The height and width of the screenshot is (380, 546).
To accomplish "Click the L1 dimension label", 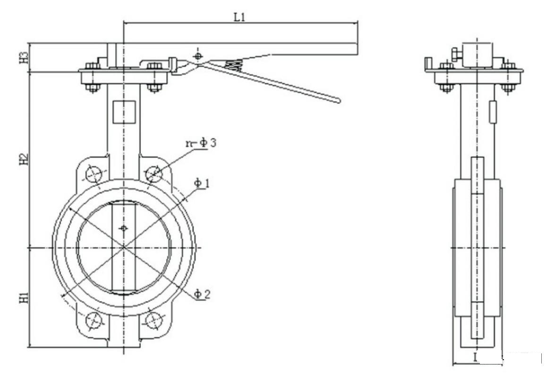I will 239,17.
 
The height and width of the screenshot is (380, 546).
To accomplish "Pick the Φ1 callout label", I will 202,183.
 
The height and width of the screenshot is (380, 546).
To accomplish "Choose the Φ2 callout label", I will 203,294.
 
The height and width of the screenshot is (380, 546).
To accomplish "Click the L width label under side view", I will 476,358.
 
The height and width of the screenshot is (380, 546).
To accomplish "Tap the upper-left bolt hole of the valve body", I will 94,174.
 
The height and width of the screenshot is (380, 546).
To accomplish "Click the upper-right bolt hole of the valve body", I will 154,174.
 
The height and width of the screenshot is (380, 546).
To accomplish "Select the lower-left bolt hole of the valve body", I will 94,320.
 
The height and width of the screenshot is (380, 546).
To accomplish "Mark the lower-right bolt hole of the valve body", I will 153,320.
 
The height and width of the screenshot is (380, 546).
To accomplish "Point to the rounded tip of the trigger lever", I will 337,100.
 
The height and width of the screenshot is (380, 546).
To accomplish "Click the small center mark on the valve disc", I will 124,229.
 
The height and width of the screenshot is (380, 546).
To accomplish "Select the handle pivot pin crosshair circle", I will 198,56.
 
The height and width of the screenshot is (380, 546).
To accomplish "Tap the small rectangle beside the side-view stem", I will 493,112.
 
